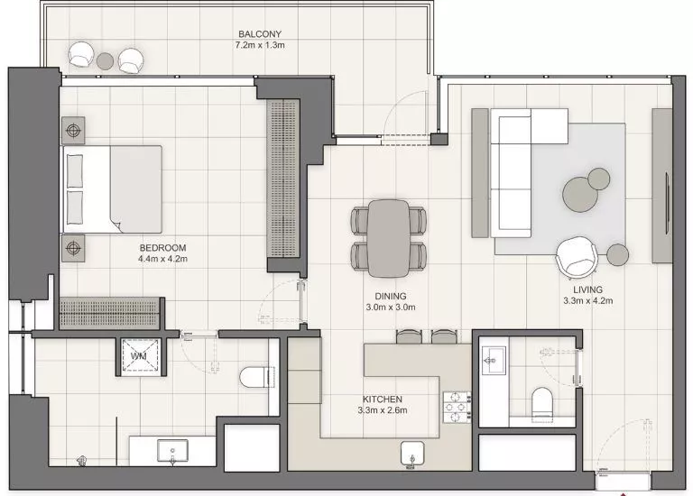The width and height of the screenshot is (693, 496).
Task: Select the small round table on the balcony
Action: (106, 60)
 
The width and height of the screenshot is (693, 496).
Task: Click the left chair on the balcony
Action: (81, 56)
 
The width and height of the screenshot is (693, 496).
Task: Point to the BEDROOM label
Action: (162, 248)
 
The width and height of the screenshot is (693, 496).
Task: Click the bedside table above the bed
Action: (73, 129)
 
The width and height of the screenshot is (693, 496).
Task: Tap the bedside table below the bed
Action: (73, 246)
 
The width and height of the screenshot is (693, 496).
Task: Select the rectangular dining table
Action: (389, 237)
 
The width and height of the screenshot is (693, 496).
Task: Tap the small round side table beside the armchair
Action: (617, 254)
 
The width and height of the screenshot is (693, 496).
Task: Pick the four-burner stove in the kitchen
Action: (457, 407)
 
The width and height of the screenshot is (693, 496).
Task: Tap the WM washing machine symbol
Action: (139, 357)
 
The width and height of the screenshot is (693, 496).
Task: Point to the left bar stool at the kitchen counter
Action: (409, 336)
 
